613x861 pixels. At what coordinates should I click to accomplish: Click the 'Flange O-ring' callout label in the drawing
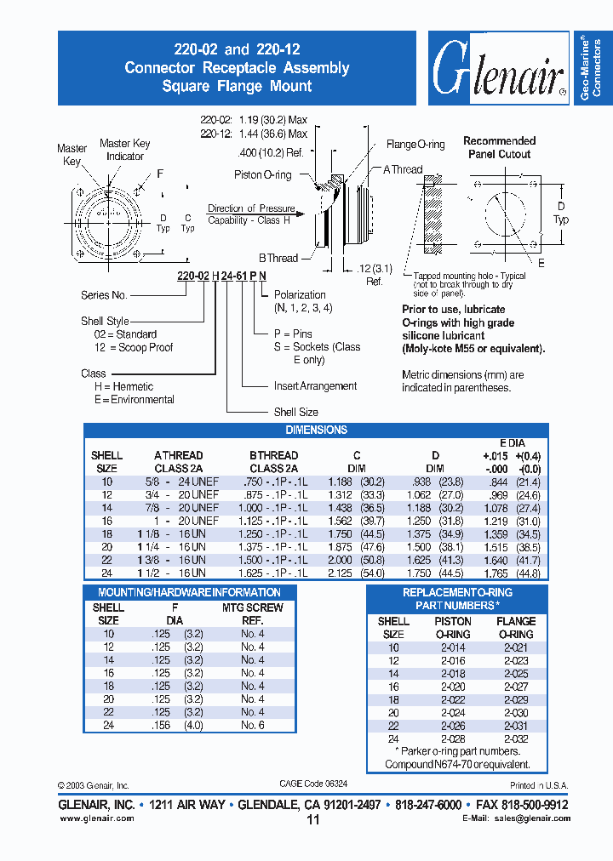415,145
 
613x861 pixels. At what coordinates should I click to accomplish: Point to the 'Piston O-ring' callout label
263,175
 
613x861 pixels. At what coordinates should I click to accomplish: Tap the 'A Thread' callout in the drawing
402,169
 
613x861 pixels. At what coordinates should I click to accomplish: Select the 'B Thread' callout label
278,258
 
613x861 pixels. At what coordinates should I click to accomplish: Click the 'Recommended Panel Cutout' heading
500,147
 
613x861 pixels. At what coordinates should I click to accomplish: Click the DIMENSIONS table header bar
316,430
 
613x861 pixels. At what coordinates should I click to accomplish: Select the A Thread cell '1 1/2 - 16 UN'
180,573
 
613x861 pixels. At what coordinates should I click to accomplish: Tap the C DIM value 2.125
341,573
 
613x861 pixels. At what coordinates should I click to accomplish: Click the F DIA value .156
159,725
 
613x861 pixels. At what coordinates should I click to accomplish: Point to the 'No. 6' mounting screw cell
252,725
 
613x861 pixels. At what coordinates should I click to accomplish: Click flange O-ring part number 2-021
516,647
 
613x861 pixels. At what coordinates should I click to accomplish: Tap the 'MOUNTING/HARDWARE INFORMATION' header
189,592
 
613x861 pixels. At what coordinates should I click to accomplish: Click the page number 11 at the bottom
312,819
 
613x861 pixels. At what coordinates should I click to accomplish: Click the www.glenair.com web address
96,818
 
